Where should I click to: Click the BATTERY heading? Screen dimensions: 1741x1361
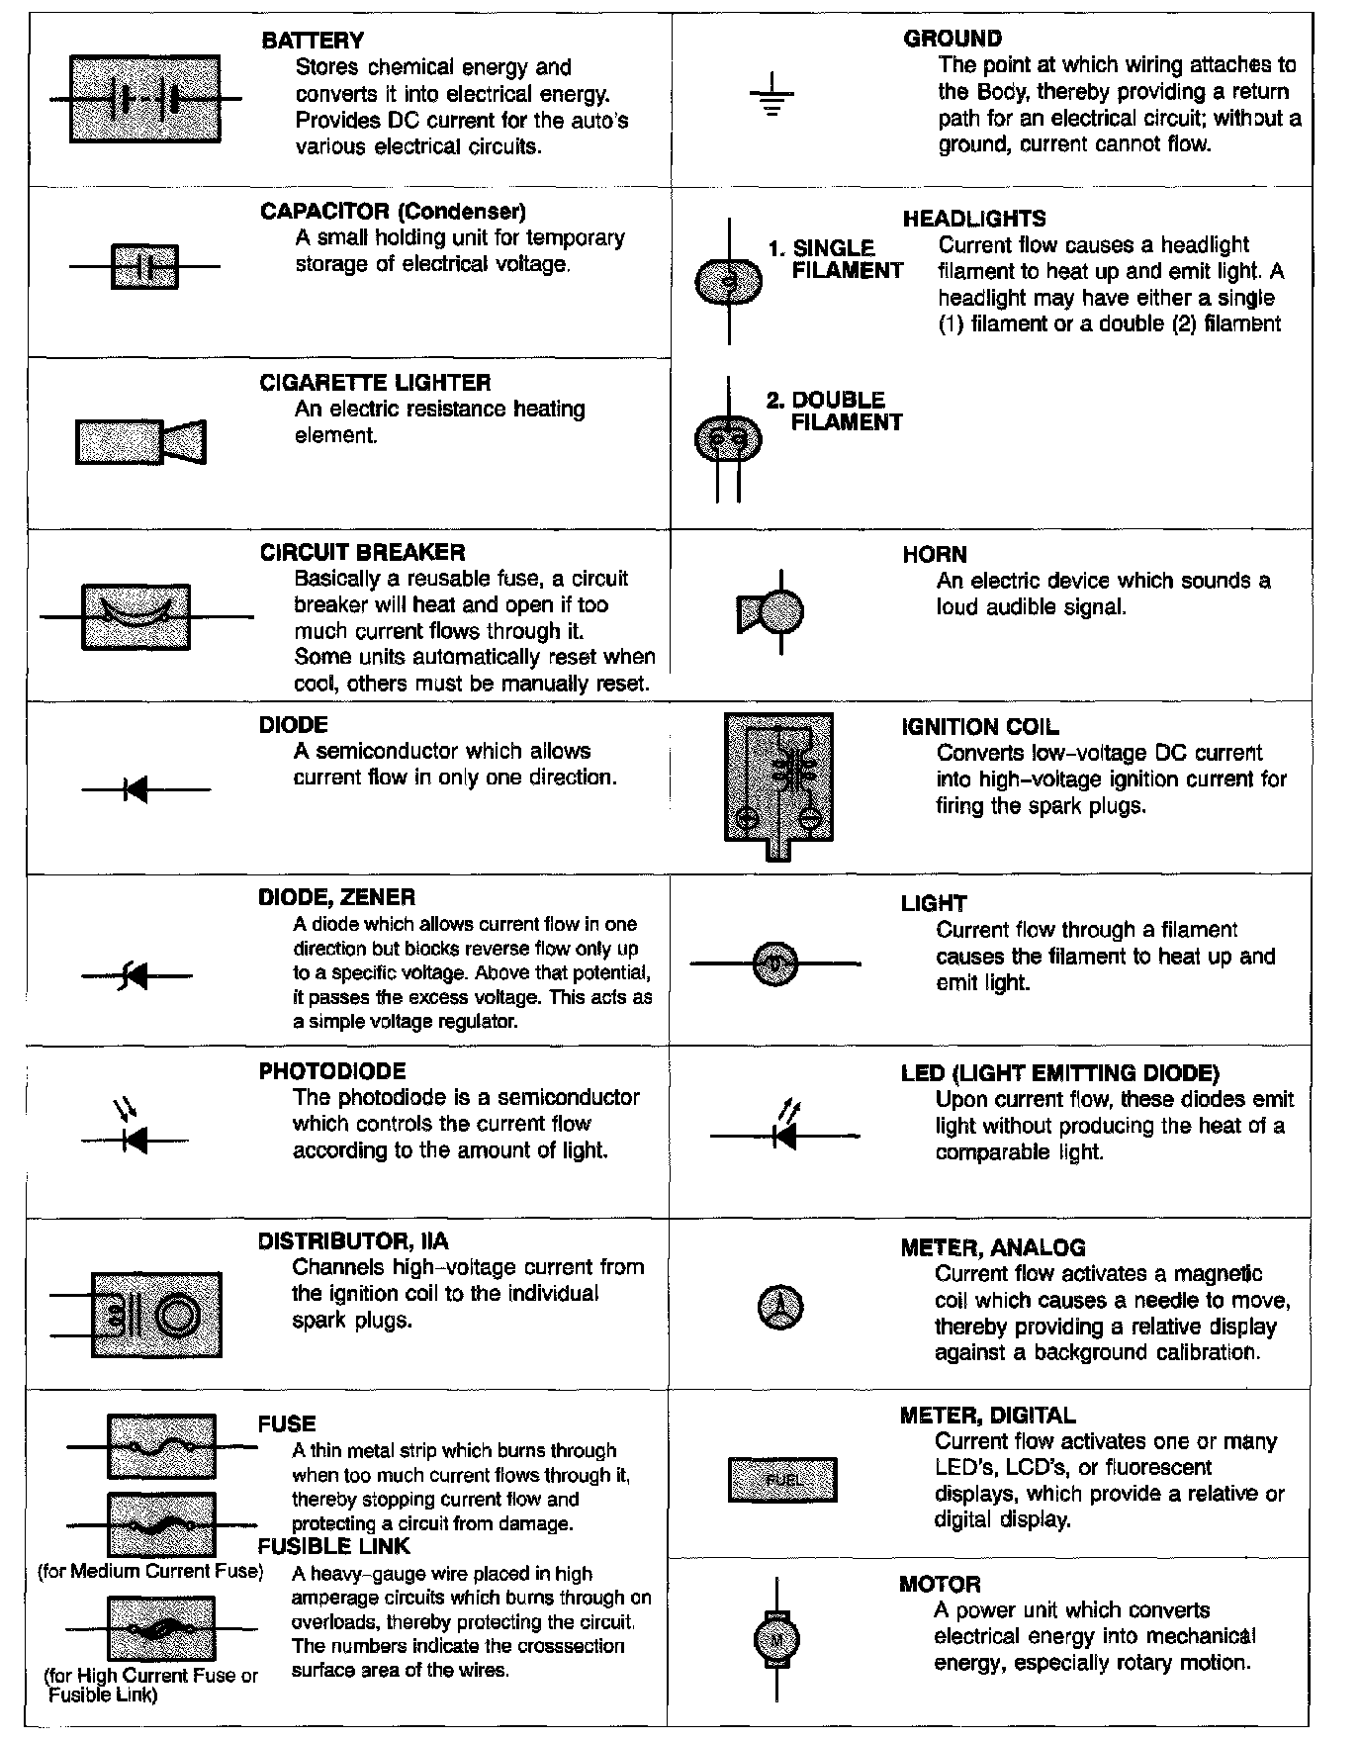pyautogui.click(x=313, y=41)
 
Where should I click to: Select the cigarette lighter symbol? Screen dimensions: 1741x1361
pyautogui.click(x=141, y=441)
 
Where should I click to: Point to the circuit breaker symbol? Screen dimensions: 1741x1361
pyautogui.click(x=136, y=616)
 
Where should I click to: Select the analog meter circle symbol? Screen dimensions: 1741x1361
pyautogui.click(x=780, y=1308)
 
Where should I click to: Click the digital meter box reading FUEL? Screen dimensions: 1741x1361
pyautogui.click(x=781, y=1480)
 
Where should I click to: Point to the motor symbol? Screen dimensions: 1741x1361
pyautogui.click(x=776, y=1640)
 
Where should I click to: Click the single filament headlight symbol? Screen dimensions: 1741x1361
pyautogui.click(x=730, y=282)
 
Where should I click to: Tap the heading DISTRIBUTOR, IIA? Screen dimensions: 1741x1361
pyautogui.click(x=353, y=1241)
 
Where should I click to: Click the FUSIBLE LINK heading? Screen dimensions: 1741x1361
pyautogui.click(x=333, y=1546)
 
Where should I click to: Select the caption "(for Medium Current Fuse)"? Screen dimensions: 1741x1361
pyautogui.click(x=150, y=1571)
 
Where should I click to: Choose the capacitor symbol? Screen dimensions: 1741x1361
pyautogui.click(x=144, y=266)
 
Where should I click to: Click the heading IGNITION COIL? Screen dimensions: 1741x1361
pyautogui.click(x=980, y=727)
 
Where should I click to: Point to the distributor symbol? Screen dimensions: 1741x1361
pyautogui.click(x=156, y=1314)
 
